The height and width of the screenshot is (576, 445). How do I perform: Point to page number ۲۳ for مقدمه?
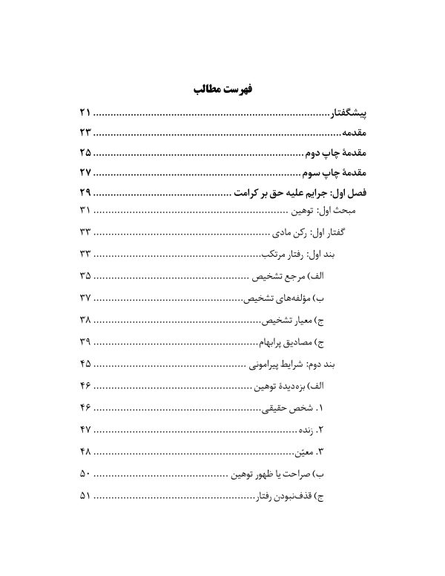(83, 134)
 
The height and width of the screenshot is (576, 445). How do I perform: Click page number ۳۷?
(83, 298)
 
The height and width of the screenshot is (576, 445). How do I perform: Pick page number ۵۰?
(83, 474)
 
